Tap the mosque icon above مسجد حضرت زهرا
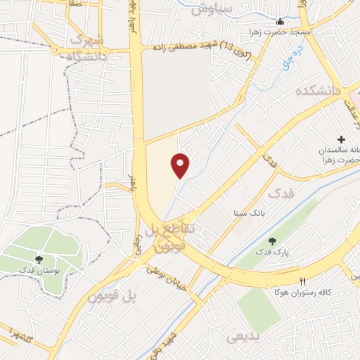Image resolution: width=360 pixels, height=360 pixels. click(281, 21)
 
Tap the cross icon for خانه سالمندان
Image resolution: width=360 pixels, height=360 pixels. click(342, 140)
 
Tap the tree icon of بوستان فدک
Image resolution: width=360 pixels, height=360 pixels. click(39, 259)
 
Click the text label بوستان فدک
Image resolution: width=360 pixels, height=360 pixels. click(39, 271)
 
